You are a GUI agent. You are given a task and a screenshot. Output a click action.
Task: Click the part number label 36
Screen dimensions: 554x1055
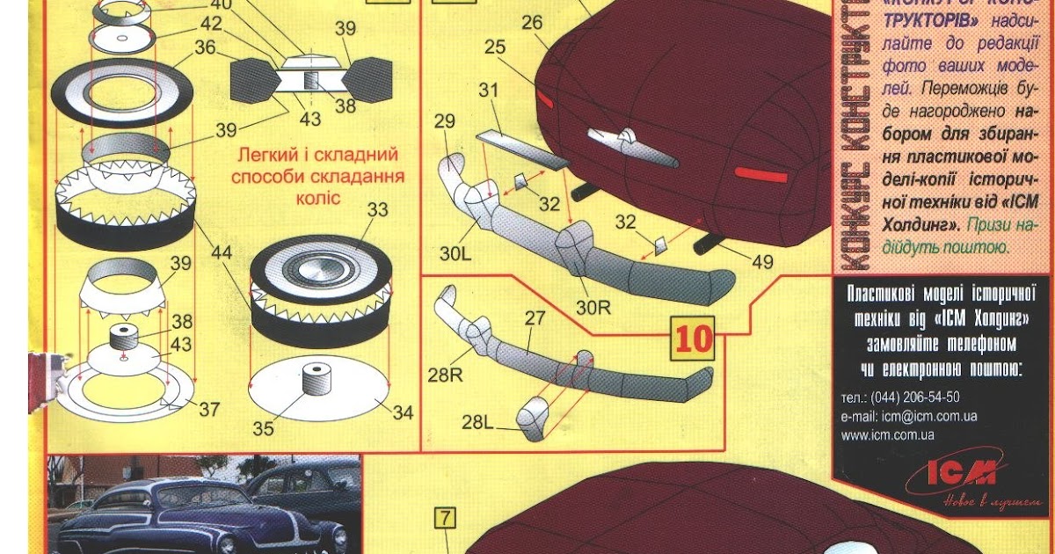click(205, 49)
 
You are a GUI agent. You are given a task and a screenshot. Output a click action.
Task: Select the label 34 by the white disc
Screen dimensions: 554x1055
click(404, 412)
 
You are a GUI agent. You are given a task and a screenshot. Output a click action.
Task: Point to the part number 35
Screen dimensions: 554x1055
click(263, 429)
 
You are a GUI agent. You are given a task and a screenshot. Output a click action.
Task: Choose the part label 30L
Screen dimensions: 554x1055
click(456, 256)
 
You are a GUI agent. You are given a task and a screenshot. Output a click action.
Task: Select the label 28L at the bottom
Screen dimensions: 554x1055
click(477, 423)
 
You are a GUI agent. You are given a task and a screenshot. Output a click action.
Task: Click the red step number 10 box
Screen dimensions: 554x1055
click(694, 339)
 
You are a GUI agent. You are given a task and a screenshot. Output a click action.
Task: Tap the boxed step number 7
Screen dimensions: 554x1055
click(446, 518)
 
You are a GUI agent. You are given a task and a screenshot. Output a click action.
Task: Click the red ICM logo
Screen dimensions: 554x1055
click(963, 475)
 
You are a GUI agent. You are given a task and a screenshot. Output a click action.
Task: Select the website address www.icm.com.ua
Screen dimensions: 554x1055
click(887, 434)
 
